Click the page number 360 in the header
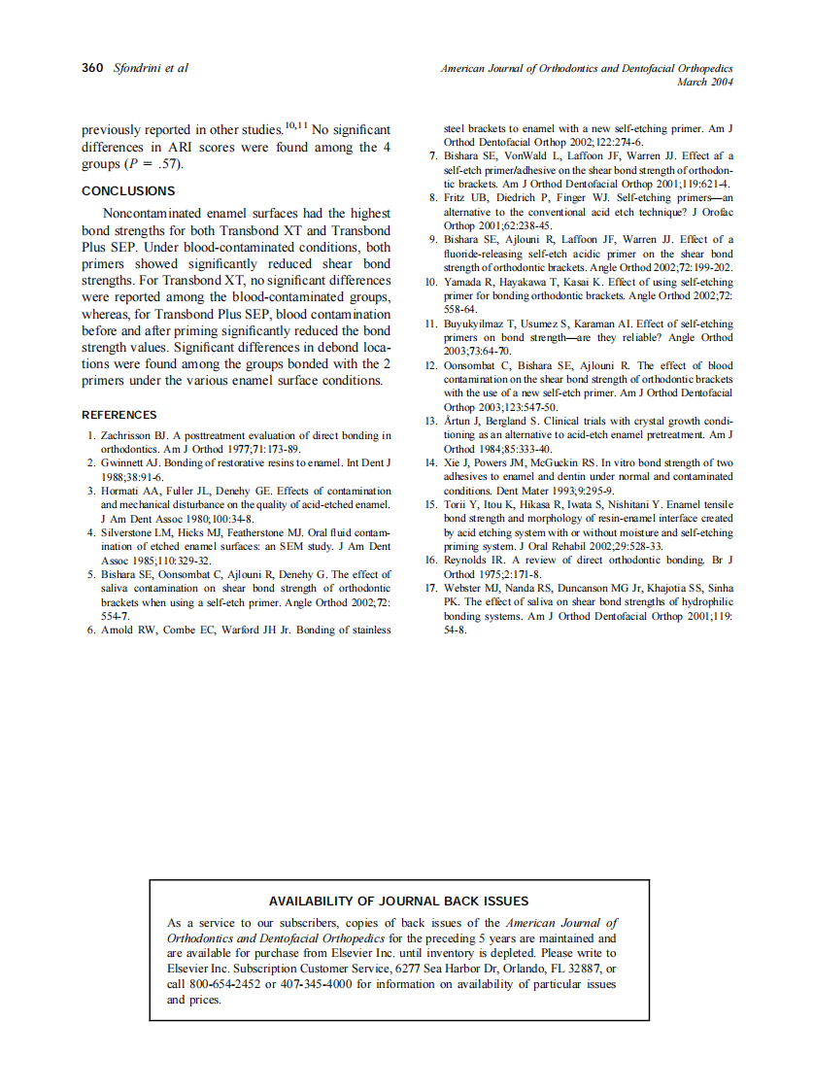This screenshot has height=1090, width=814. pos(93,68)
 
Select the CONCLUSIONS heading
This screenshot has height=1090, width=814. pos(128,191)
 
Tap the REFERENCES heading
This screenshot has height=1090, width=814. pos(119,415)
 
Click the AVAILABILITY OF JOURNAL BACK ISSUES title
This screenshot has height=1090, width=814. pos(398,901)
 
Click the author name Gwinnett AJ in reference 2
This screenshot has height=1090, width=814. pos(134,463)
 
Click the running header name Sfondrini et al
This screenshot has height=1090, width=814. pos(152,68)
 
